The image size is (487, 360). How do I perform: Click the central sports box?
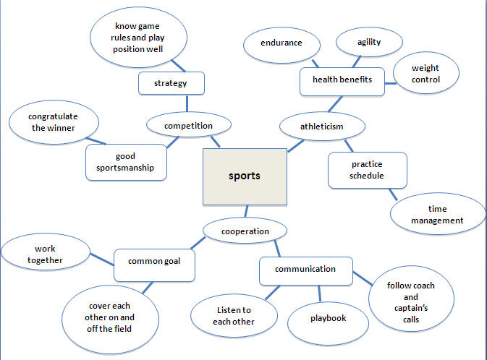pos(244,176)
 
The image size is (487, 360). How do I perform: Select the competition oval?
pos(188,126)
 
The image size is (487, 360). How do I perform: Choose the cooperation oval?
pos(246,231)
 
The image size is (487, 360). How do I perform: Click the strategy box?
pos(171,83)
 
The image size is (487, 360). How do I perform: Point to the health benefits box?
pos(342,80)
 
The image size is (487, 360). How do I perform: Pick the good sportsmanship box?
pos(125,162)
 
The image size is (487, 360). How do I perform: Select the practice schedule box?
pos(366,170)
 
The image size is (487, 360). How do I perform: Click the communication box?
pos(305,270)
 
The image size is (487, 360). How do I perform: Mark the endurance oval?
pos(281,43)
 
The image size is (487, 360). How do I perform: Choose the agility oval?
pos(369,42)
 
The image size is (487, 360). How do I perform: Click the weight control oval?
pos(425,74)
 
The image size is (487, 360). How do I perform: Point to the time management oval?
pos(438,214)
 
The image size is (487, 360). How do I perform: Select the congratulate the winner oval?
pos(52,121)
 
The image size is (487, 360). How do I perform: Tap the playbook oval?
pos(329,318)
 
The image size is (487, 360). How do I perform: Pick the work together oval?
pos(44,254)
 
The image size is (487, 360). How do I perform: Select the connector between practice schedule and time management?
pos(394,194)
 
